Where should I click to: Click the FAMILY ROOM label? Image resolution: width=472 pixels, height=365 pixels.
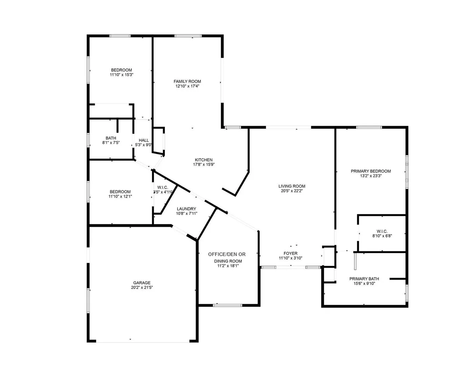coord(187,81)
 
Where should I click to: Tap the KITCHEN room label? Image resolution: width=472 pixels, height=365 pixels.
coord(204,160)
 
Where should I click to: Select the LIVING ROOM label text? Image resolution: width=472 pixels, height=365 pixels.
coord(292,186)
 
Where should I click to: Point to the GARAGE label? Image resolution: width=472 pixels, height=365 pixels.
coord(141,283)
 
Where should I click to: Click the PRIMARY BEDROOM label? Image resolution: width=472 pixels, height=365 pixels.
coord(371,171)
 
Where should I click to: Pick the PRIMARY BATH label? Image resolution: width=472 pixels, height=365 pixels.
coord(364,279)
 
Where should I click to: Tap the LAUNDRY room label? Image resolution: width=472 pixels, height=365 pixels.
coord(186,209)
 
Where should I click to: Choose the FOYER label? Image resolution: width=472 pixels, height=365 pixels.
coord(290,253)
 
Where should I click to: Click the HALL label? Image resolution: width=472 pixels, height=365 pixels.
coord(144,140)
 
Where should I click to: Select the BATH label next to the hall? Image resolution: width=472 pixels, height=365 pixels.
coord(111,138)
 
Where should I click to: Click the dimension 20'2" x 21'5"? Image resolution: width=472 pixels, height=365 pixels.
coord(142,287)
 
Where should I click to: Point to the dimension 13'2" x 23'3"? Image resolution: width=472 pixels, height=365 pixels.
coord(371,176)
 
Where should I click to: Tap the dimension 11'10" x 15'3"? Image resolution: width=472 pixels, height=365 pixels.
coord(122,75)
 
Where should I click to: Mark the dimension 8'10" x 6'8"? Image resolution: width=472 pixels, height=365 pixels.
coord(382,236)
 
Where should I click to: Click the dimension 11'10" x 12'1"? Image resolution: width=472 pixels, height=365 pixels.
coord(120,196)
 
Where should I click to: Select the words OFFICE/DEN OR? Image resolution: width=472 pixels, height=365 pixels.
coord(227,254)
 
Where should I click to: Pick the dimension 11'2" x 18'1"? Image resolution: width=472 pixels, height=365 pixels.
coord(228,266)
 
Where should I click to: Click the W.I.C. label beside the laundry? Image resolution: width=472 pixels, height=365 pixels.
coord(162,187)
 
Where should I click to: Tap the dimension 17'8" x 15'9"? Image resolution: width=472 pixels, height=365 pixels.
coord(204,165)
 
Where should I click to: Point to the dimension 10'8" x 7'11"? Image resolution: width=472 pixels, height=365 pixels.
coord(187,214)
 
